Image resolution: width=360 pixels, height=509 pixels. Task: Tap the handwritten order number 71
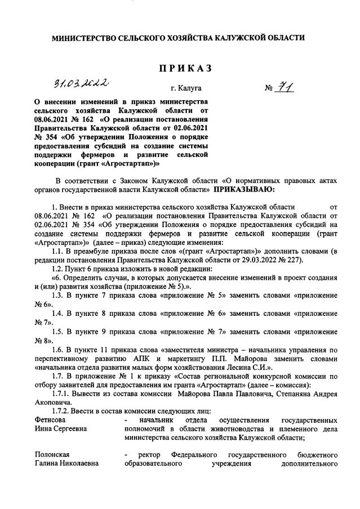(x=284, y=87)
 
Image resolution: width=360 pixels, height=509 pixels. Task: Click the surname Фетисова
(x=50, y=420)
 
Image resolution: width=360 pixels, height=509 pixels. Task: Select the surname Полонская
(x=51, y=454)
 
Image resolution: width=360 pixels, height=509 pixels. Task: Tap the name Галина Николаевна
(x=66, y=463)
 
